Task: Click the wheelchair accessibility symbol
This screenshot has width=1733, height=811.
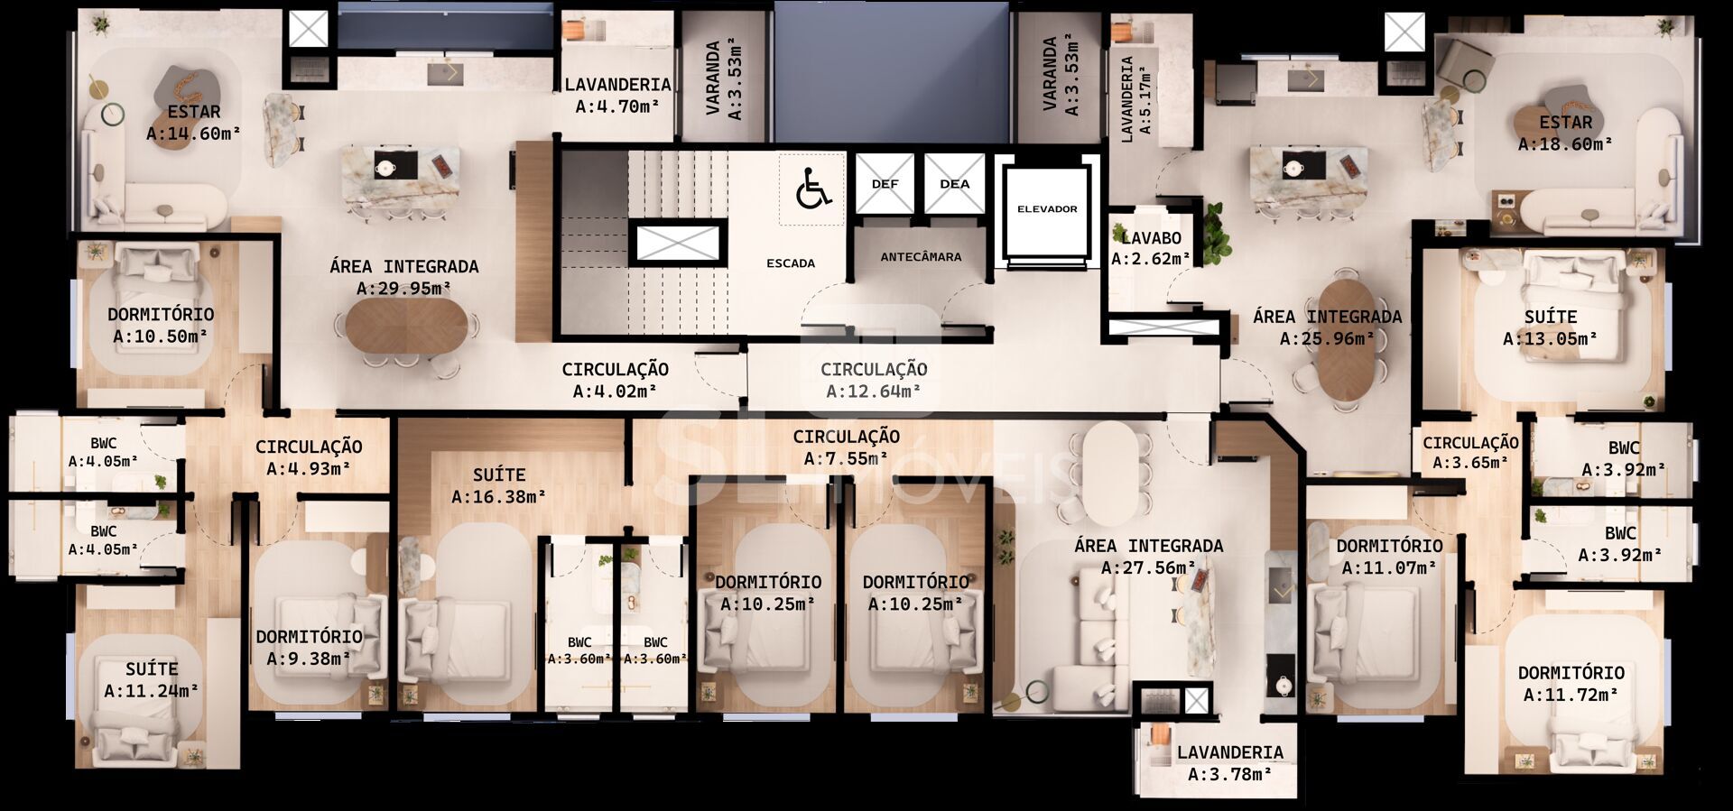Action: coord(814,190)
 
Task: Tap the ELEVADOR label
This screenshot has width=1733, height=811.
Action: coord(1047,209)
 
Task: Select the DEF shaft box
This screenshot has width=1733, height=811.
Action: coord(885,184)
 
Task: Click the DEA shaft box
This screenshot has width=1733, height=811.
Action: coord(954,184)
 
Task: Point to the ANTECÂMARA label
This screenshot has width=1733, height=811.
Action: coord(921,257)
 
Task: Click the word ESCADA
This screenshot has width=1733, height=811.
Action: coord(791,263)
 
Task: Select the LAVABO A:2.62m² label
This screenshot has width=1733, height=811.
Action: coord(1151,249)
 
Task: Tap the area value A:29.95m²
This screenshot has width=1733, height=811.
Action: coord(403,289)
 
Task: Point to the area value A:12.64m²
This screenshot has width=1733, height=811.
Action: coord(874,391)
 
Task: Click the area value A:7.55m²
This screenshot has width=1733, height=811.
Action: coord(846,458)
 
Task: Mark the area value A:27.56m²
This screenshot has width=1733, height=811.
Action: coord(1148,568)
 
